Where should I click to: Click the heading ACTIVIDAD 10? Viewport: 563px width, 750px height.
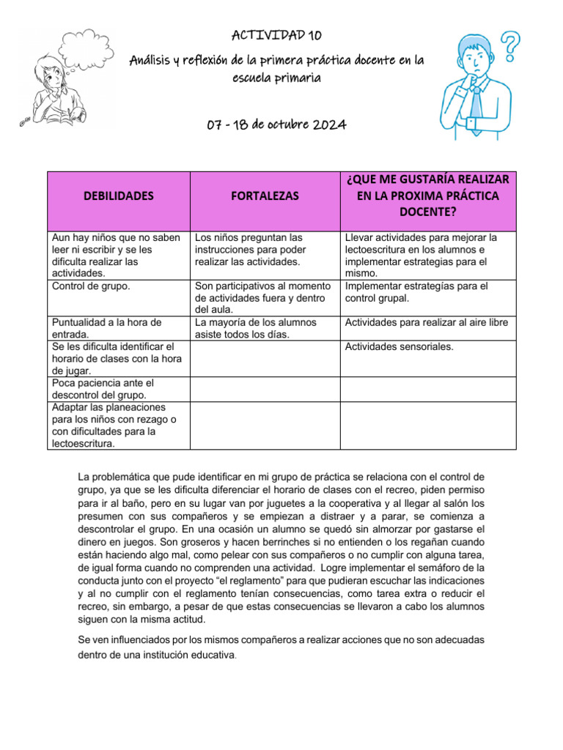(x=276, y=35)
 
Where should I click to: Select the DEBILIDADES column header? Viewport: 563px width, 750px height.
(x=119, y=196)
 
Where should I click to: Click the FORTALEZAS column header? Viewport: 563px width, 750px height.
(x=265, y=196)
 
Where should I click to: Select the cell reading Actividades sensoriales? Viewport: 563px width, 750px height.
(x=399, y=346)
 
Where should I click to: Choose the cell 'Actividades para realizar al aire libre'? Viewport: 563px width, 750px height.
(x=426, y=322)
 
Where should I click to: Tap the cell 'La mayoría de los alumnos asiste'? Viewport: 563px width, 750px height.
(x=256, y=328)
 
